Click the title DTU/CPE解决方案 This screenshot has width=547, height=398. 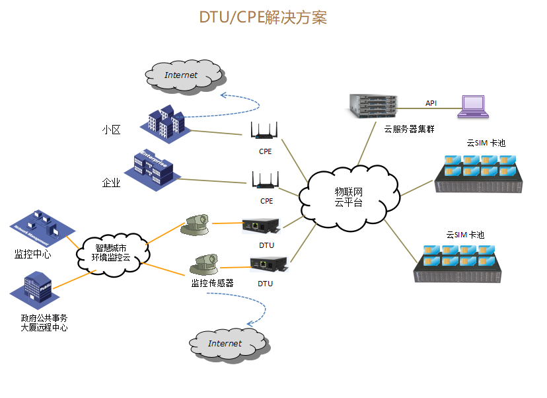[263, 17]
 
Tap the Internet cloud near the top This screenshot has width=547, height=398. [181, 75]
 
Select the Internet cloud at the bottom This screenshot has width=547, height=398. [225, 343]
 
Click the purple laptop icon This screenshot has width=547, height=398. [474, 106]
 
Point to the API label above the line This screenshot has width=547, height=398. [431, 103]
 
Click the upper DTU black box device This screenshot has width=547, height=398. [262, 227]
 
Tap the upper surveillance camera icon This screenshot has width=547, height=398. [198, 225]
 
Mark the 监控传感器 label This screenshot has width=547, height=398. [212, 283]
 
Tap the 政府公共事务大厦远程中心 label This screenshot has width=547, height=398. [44, 323]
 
